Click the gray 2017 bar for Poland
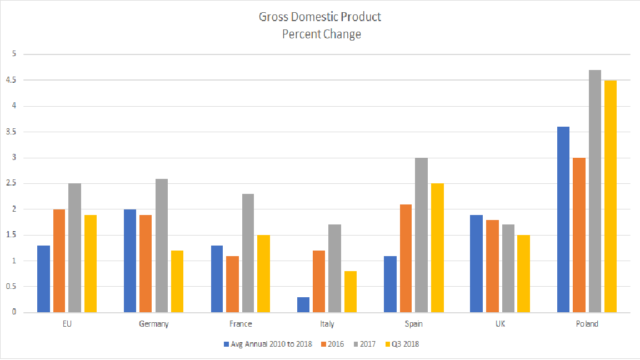pyautogui.click(x=594, y=191)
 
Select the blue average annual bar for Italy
pyautogui.click(x=303, y=304)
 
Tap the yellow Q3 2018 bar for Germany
pyautogui.click(x=177, y=281)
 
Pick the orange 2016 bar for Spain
pyautogui.click(x=406, y=258)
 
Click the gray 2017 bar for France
pyautogui.click(x=248, y=253)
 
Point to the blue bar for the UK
pyautogui.click(x=476, y=263)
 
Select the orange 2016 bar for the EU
pyautogui.click(x=59, y=261)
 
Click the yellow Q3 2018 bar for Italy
pyautogui.click(x=350, y=292)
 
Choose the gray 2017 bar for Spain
pyautogui.click(x=421, y=235)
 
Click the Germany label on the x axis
pyautogui.click(x=154, y=324)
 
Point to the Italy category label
pyautogui.click(x=327, y=324)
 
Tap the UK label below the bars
pyautogui.click(x=500, y=324)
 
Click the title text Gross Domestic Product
pyautogui.click(x=320, y=17)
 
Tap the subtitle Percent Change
pyautogui.click(x=321, y=34)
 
